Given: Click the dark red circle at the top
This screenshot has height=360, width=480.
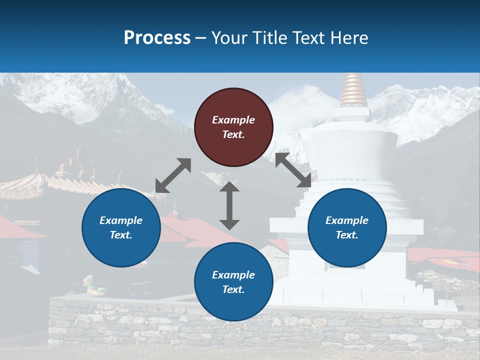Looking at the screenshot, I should (x=233, y=127).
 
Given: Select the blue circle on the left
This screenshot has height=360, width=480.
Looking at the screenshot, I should (x=121, y=227).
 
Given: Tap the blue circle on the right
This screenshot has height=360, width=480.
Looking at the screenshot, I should (x=347, y=227).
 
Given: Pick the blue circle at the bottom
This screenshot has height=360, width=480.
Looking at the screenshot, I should (x=233, y=282).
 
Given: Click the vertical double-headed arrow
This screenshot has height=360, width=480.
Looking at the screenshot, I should (x=229, y=205).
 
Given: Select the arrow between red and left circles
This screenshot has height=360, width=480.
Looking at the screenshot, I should (x=173, y=175).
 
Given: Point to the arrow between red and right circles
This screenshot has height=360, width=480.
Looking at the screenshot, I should (x=293, y=170).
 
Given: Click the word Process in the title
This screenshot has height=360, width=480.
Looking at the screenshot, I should (x=157, y=37).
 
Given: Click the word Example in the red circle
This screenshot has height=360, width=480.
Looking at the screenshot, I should (x=233, y=120).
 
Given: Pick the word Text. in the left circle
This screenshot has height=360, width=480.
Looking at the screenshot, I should (x=121, y=235).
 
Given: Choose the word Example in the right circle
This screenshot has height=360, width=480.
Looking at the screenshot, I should (x=347, y=220).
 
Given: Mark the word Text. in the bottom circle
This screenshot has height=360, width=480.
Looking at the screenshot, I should (x=233, y=289).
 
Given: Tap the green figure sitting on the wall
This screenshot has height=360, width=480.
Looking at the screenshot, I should (x=93, y=284).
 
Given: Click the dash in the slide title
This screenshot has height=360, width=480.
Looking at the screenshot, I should (x=201, y=37).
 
